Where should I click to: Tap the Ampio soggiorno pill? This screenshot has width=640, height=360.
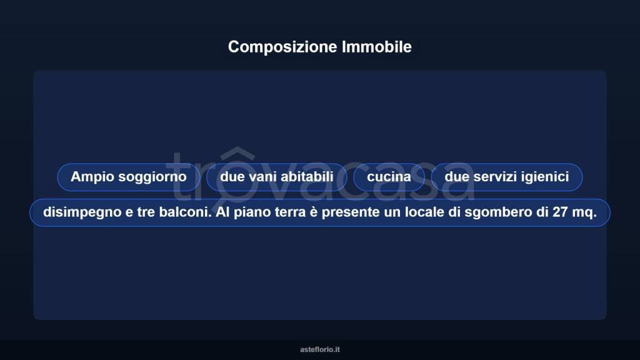tap(128, 177)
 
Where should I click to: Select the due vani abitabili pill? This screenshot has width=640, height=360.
tap(276, 177)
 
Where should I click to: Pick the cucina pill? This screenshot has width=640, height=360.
tap(389, 177)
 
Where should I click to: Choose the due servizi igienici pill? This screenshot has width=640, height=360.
tap(506, 177)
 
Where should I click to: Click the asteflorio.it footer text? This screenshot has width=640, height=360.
tap(320, 349)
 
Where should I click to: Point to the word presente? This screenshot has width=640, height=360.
tap(346, 212)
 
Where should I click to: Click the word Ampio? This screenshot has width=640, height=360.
tap(88, 177)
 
